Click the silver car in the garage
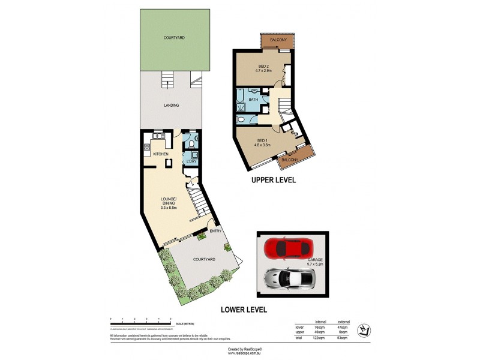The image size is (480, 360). (290, 277)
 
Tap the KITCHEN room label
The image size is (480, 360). (161, 154)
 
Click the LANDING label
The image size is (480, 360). (172, 105)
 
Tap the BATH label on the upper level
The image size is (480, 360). (253, 100)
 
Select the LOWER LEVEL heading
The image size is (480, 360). (244, 310)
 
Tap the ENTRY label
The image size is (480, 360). (215, 230)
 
